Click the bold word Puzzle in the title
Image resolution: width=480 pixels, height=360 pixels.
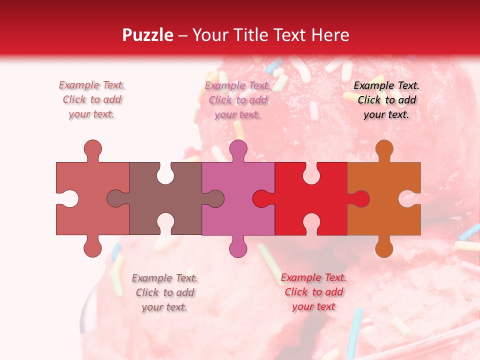[x=148, y=35]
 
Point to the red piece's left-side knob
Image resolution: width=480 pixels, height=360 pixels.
[x=261, y=199]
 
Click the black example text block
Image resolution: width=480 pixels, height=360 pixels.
[x=386, y=100]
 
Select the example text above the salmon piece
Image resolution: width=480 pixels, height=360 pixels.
[x=92, y=100]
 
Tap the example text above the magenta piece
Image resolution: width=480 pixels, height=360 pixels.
[x=238, y=100]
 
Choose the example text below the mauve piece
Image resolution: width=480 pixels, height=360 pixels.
[x=164, y=292]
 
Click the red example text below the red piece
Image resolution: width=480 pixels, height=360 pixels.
[x=313, y=292]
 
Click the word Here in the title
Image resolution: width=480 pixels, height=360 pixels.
[x=330, y=35]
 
